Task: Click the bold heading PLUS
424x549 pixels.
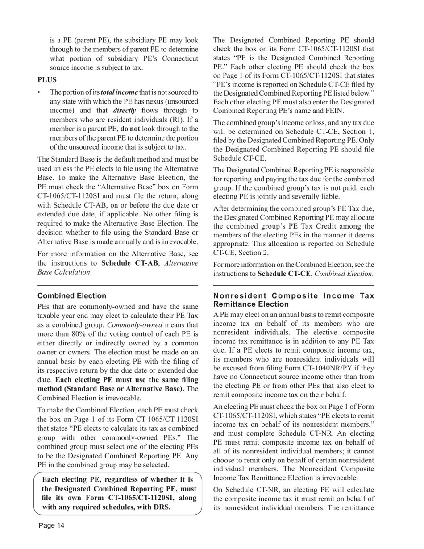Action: [x=47, y=80]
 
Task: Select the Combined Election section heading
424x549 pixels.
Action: [x=72, y=296]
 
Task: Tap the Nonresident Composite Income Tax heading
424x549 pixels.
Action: [x=294, y=300]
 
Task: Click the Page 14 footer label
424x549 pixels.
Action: [x=51, y=525]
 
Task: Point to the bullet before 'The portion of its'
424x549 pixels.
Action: [x=39, y=92]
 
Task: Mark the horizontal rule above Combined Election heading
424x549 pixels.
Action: [x=118, y=286]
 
